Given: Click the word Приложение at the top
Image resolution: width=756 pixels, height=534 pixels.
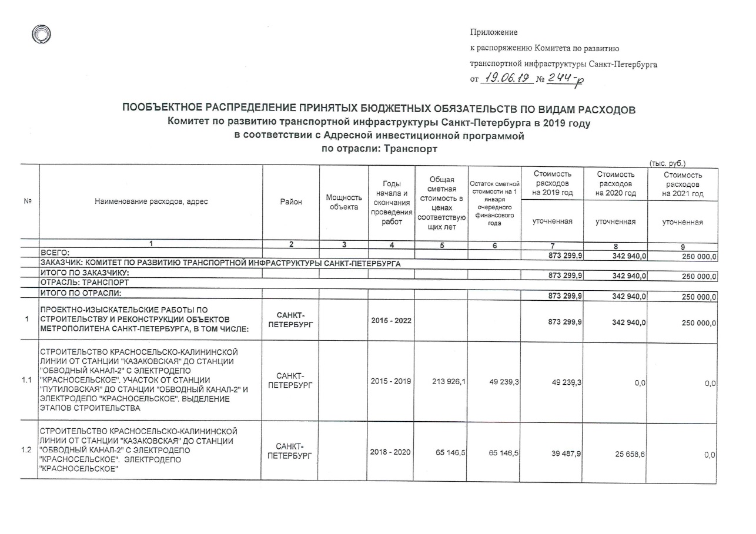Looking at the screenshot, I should [494, 32].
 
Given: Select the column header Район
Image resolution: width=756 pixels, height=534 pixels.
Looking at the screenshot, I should [290, 201].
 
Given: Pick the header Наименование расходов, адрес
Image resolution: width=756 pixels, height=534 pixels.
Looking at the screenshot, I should [151, 201].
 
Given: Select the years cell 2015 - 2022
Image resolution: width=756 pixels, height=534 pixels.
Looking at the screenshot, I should [391, 321].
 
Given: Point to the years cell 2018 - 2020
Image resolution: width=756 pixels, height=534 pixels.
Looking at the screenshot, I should [391, 452].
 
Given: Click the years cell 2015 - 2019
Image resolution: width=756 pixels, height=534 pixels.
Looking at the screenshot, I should [391, 382].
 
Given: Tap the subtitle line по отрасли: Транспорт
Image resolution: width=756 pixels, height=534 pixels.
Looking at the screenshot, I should [378, 149].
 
